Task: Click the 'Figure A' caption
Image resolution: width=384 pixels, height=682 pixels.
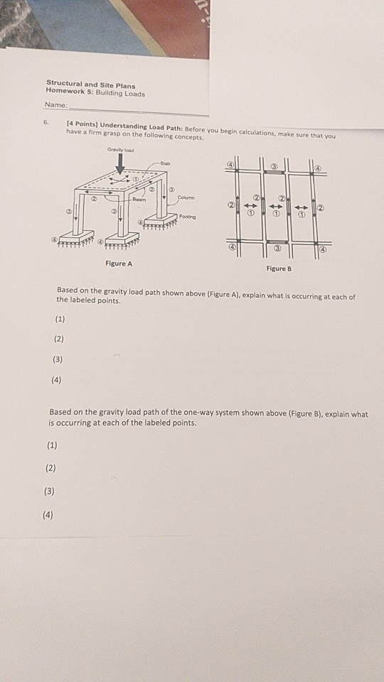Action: (119, 264)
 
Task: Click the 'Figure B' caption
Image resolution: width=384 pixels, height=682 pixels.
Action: (279, 269)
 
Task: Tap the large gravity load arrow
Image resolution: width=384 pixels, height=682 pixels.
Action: (119, 162)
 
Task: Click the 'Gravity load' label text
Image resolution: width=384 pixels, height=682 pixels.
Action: (119, 149)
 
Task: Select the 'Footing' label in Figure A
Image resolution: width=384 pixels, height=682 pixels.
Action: (188, 215)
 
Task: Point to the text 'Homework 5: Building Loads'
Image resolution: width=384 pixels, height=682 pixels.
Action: (95, 93)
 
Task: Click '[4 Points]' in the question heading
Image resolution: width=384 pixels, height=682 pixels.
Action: (82, 124)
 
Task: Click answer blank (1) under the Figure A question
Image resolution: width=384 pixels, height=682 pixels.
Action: (59, 318)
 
